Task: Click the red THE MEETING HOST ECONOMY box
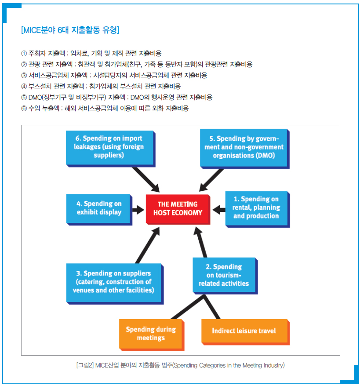pyautogui.click(x=178, y=209)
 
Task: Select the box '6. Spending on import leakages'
pyautogui.click(x=110, y=149)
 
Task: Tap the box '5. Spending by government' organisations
pyautogui.click(x=244, y=149)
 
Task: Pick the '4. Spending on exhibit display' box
pyautogui.click(x=99, y=209)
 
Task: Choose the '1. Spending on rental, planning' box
pyautogui.click(x=258, y=209)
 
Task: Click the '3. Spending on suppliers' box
pyautogui.click(x=115, y=284)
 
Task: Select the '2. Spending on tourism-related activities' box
pyautogui.click(x=225, y=276)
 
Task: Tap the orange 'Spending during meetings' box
pyautogui.click(x=152, y=335)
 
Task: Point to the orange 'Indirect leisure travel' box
pyautogui.click(x=245, y=332)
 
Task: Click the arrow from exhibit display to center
pyautogui.click(x=138, y=210)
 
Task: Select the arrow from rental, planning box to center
pyautogui.click(x=219, y=210)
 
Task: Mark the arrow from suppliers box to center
pyautogui.click(x=148, y=245)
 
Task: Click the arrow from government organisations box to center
pyautogui.click(x=211, y=180)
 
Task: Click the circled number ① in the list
pyautogui.click(x=24, y=54)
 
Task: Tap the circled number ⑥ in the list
pyautogui.click(x=24, y=108)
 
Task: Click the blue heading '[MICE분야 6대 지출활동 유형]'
pyautogui.click(x=70, y=30)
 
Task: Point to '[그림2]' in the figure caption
pyautogui.click(x=85, y=365)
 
